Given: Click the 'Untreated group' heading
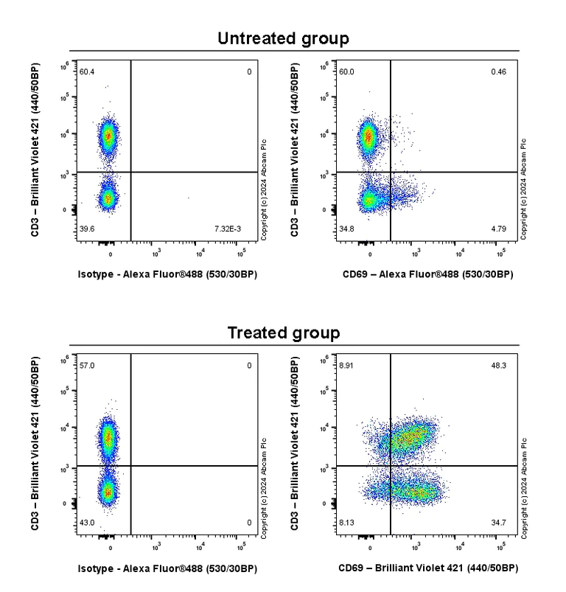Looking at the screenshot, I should coord(283,38).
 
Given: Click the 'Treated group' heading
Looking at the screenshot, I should coord(283,332).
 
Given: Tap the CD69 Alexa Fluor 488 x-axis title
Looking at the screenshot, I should coord(428,274).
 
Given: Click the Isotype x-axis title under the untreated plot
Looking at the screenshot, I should coord(167,274).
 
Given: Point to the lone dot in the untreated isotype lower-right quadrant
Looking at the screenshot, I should coord(189,198).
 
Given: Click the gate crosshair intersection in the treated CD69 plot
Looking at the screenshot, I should coord(390,466).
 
